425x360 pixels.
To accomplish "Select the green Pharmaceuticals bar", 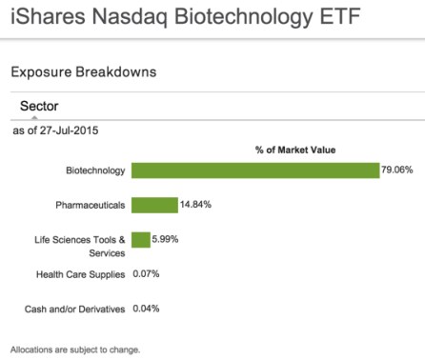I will pos(154,205).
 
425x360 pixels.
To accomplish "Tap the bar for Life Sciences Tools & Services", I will pos(141,239).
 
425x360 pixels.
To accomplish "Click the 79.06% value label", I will pos(396,170).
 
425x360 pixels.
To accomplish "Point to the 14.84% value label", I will pos(194,205).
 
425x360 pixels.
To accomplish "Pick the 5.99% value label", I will pos(165,239).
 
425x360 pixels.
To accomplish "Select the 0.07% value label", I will pos(145,274).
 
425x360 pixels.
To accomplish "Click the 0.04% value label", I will pos(145,309).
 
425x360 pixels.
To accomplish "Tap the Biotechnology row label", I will pos(94,171).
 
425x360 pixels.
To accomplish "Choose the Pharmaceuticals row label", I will pos(91,206).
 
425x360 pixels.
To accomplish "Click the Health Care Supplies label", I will pos(79,274).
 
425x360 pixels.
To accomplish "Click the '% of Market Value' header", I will pos(295,150).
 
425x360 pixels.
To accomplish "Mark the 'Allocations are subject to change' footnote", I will pos(74,350).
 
